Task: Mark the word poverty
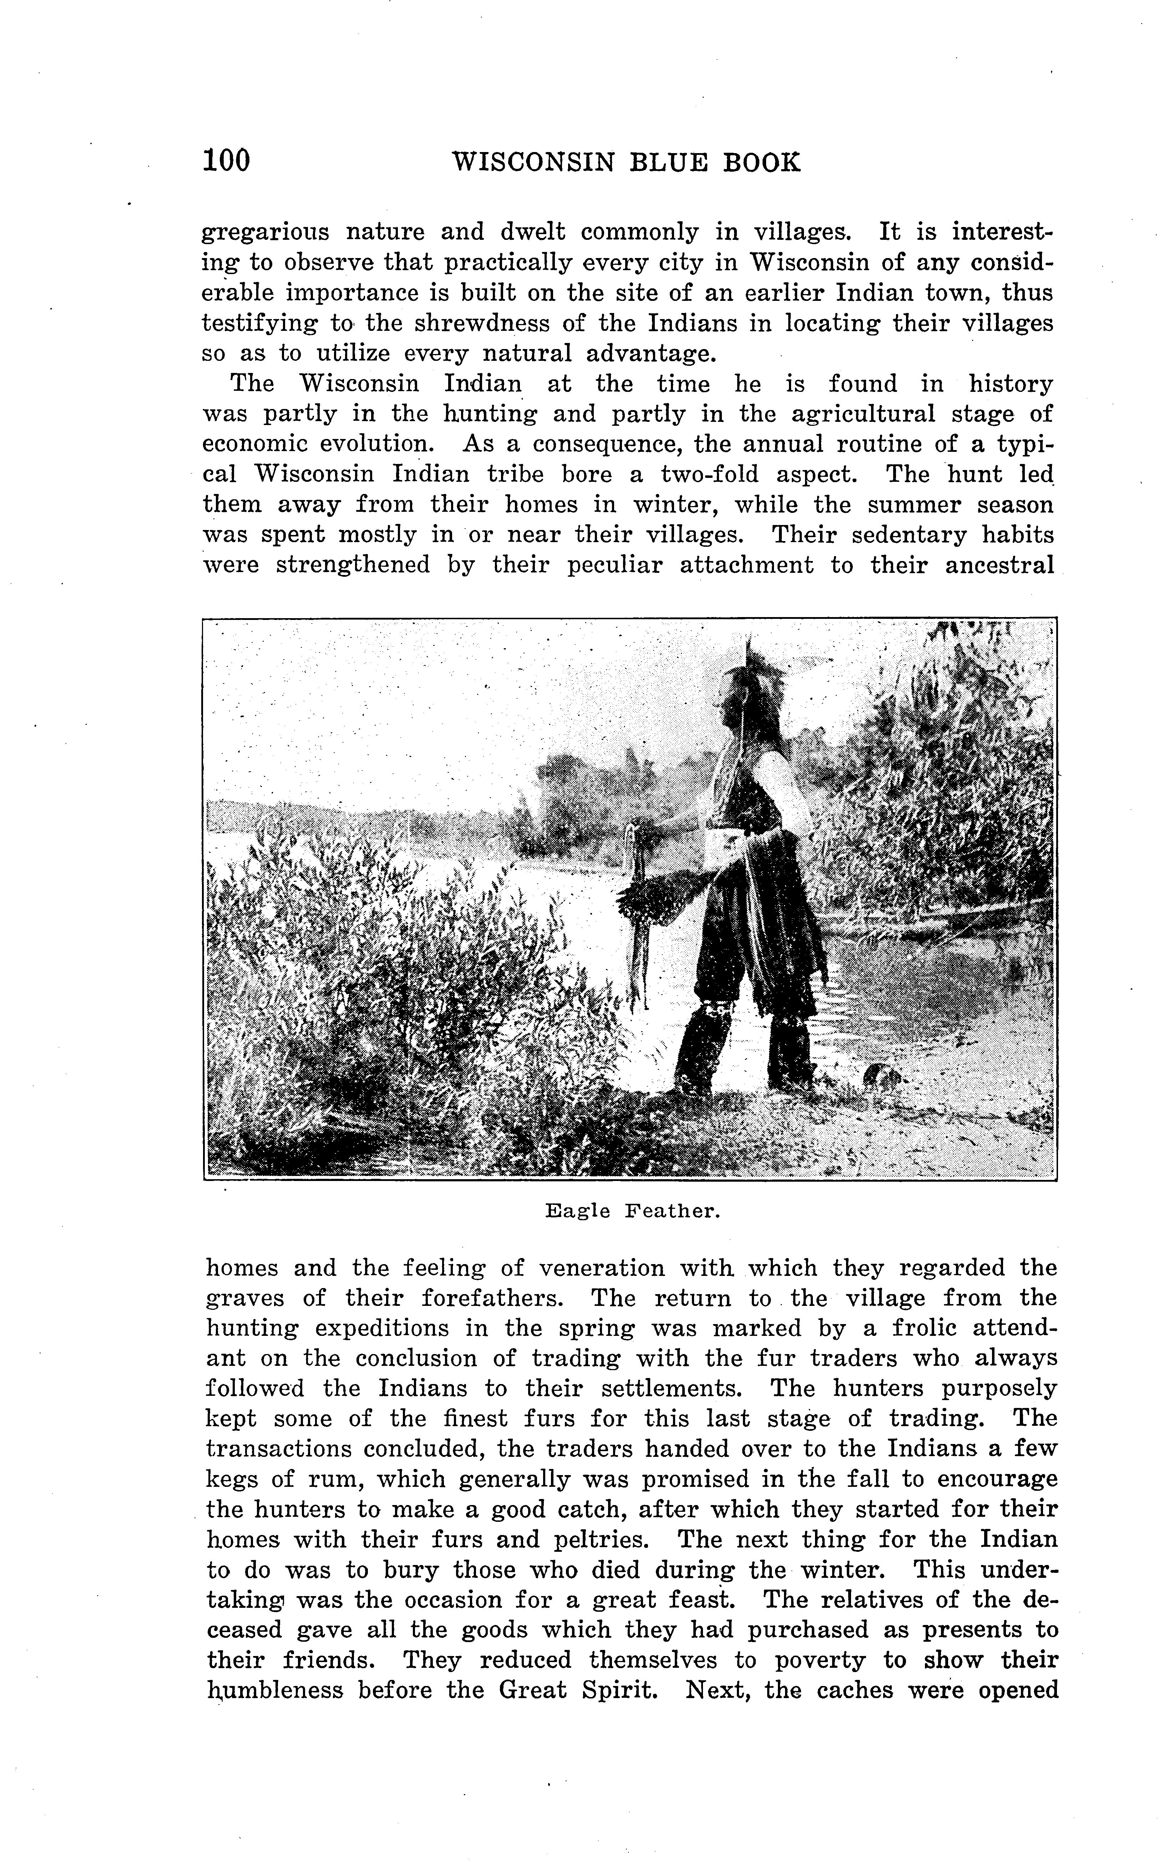[x=818, y=1661]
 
